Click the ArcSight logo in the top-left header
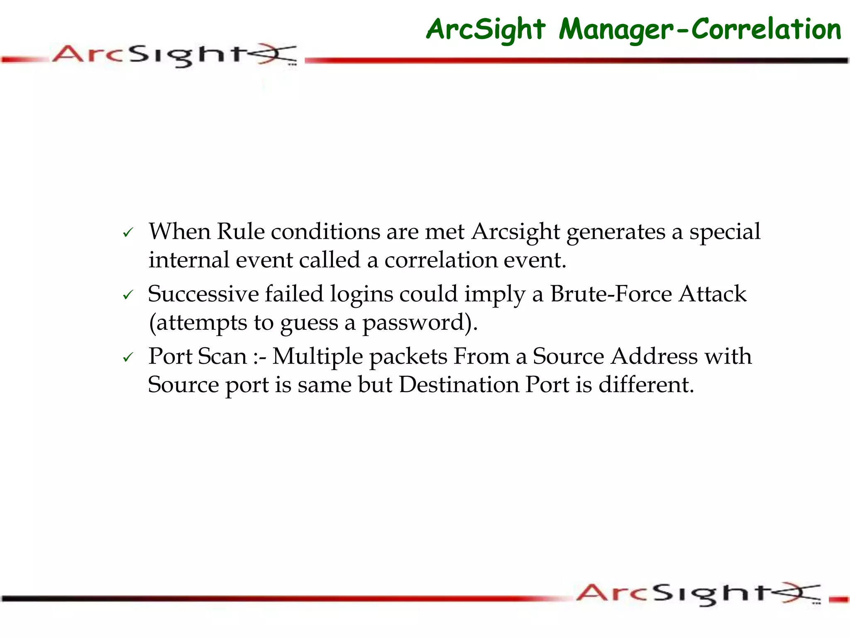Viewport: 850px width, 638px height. pyautogui.click(x=174, y=55)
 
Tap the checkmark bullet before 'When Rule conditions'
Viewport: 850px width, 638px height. pyautogui.click(x=128, y=233)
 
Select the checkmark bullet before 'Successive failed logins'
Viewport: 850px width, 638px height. pyautogui.click(x=128, y=295)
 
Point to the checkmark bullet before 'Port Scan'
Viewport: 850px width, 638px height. pyautogui.click(x=128, y=357)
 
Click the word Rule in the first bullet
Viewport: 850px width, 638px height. pyautogui.click(x=240, y=231)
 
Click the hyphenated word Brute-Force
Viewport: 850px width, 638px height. pyautogui.click(x=611, y=294)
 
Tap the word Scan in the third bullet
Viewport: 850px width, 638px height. pyautogui.click(x=222, y=356)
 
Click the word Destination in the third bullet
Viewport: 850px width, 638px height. pyautogui.click(x=459, y=385)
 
